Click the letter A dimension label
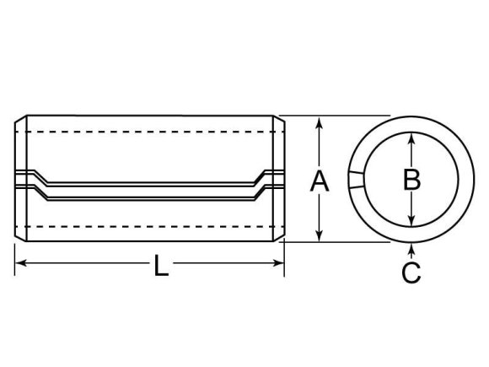point(320,181)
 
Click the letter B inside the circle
point(412,179)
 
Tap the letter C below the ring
point(411,273)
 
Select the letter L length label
point(161,266)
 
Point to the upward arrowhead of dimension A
point(319,122)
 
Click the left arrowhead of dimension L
point(21,263)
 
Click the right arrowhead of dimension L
point(278,263)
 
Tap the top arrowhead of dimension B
point(412,138)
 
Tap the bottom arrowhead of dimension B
point(412,221)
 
